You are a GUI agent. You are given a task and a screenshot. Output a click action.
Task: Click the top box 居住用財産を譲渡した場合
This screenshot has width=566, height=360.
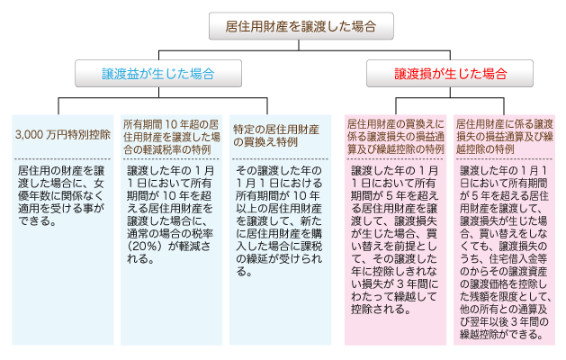click(x=301, y=26)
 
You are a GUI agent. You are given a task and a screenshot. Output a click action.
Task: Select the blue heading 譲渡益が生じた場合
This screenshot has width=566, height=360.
click(x=158, y=74)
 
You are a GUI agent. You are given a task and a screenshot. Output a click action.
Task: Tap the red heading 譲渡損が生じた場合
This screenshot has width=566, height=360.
click(x=450, y=74)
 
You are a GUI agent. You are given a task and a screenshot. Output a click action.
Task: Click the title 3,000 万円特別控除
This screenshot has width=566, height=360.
click(x=63, y=135)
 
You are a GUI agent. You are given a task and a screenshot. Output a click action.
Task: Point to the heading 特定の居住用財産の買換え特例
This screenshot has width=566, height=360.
click(x=276, y=135)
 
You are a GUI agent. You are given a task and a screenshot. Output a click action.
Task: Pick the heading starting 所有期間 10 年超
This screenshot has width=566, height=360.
click(x=172, y=137)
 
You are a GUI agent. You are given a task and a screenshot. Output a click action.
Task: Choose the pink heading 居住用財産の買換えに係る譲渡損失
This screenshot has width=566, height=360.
click(x=396, y=137)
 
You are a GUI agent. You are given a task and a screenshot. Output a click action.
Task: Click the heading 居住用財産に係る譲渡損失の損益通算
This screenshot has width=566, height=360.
click(x=505, y=137)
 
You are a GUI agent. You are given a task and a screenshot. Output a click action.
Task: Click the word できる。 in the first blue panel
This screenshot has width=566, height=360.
click(x=38, y=221)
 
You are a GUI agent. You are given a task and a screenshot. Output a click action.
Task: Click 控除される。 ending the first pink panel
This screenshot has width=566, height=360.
click(x=381, y=310)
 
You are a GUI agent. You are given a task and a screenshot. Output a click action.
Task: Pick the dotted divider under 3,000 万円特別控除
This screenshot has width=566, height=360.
click(x=62, y=158)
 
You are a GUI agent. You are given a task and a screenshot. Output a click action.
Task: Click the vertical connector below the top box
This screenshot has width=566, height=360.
click(x=299, y=45)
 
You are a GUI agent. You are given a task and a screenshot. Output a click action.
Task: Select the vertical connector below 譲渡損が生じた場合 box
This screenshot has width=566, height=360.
click(x=450, y=92)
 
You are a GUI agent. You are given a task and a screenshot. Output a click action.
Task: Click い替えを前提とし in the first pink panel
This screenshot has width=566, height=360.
click(x=394, y=247)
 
